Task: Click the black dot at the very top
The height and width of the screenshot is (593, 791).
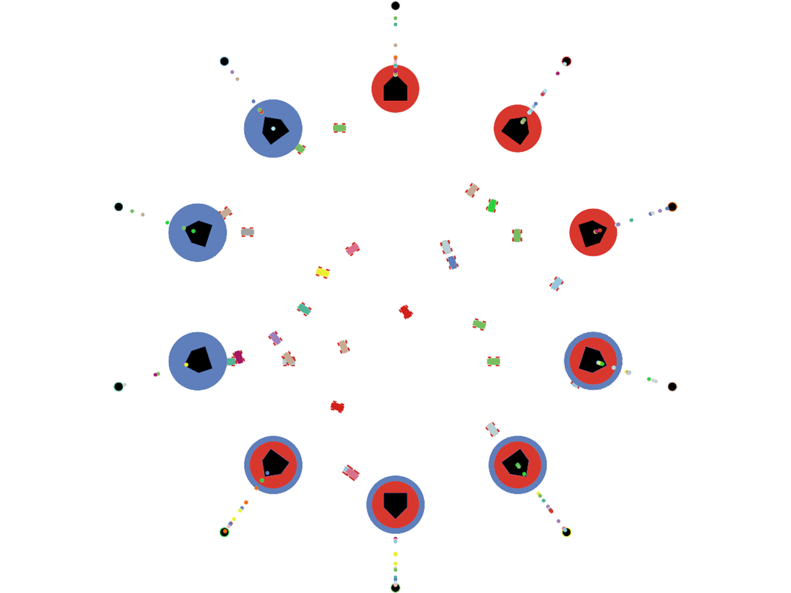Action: point(395,6)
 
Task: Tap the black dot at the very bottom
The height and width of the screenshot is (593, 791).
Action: point(395,587)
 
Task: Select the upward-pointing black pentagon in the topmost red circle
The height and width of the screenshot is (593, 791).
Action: point(395,88)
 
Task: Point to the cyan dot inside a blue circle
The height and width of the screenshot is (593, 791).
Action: point(273,128)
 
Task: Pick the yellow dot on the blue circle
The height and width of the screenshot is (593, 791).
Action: point(186,364)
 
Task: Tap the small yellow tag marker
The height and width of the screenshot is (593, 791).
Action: point(322,272)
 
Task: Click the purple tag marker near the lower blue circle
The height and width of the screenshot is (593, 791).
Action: point(275,338)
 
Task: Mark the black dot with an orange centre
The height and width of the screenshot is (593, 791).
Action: point(224,531)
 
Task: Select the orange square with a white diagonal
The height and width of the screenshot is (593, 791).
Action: point(251,497)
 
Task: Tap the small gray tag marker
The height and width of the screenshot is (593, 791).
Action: point(247,232)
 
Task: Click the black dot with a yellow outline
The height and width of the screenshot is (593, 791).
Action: point(566,532)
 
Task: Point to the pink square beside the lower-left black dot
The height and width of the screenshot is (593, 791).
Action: point(145,368)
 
